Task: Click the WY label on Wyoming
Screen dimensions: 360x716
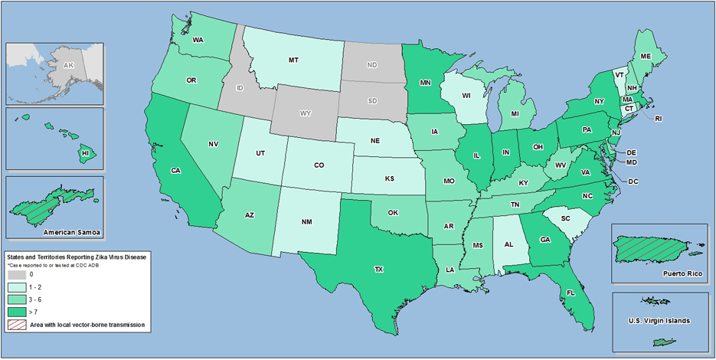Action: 305,113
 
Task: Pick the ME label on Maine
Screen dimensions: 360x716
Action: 645,56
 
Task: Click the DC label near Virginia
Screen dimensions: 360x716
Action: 633,182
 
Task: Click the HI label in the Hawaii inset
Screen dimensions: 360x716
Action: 87,153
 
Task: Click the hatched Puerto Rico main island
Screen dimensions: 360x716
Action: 651,248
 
